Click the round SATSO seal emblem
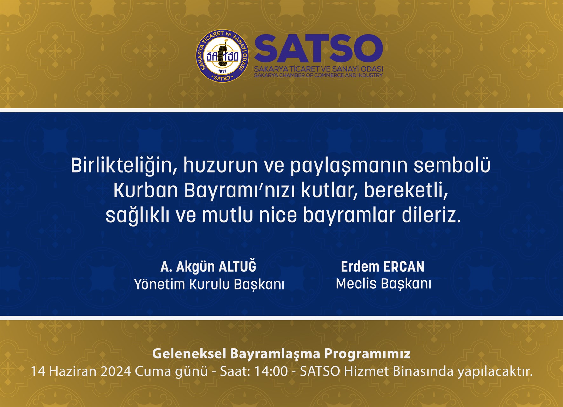(222, 56)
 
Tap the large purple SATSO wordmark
(318, 49)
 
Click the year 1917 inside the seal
(222, 71)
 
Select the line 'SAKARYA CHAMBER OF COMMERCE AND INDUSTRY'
(318, 75)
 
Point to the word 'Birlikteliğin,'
(124, 166)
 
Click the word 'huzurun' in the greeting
(220, 166)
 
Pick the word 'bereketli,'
(406, 190)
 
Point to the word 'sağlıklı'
(137, 216)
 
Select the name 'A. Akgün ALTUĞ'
(208, 267)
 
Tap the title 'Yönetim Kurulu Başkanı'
(209, 284)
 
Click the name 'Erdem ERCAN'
(383, 267)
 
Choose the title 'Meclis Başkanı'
(383, 284)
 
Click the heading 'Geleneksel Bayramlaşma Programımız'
(281, 354)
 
